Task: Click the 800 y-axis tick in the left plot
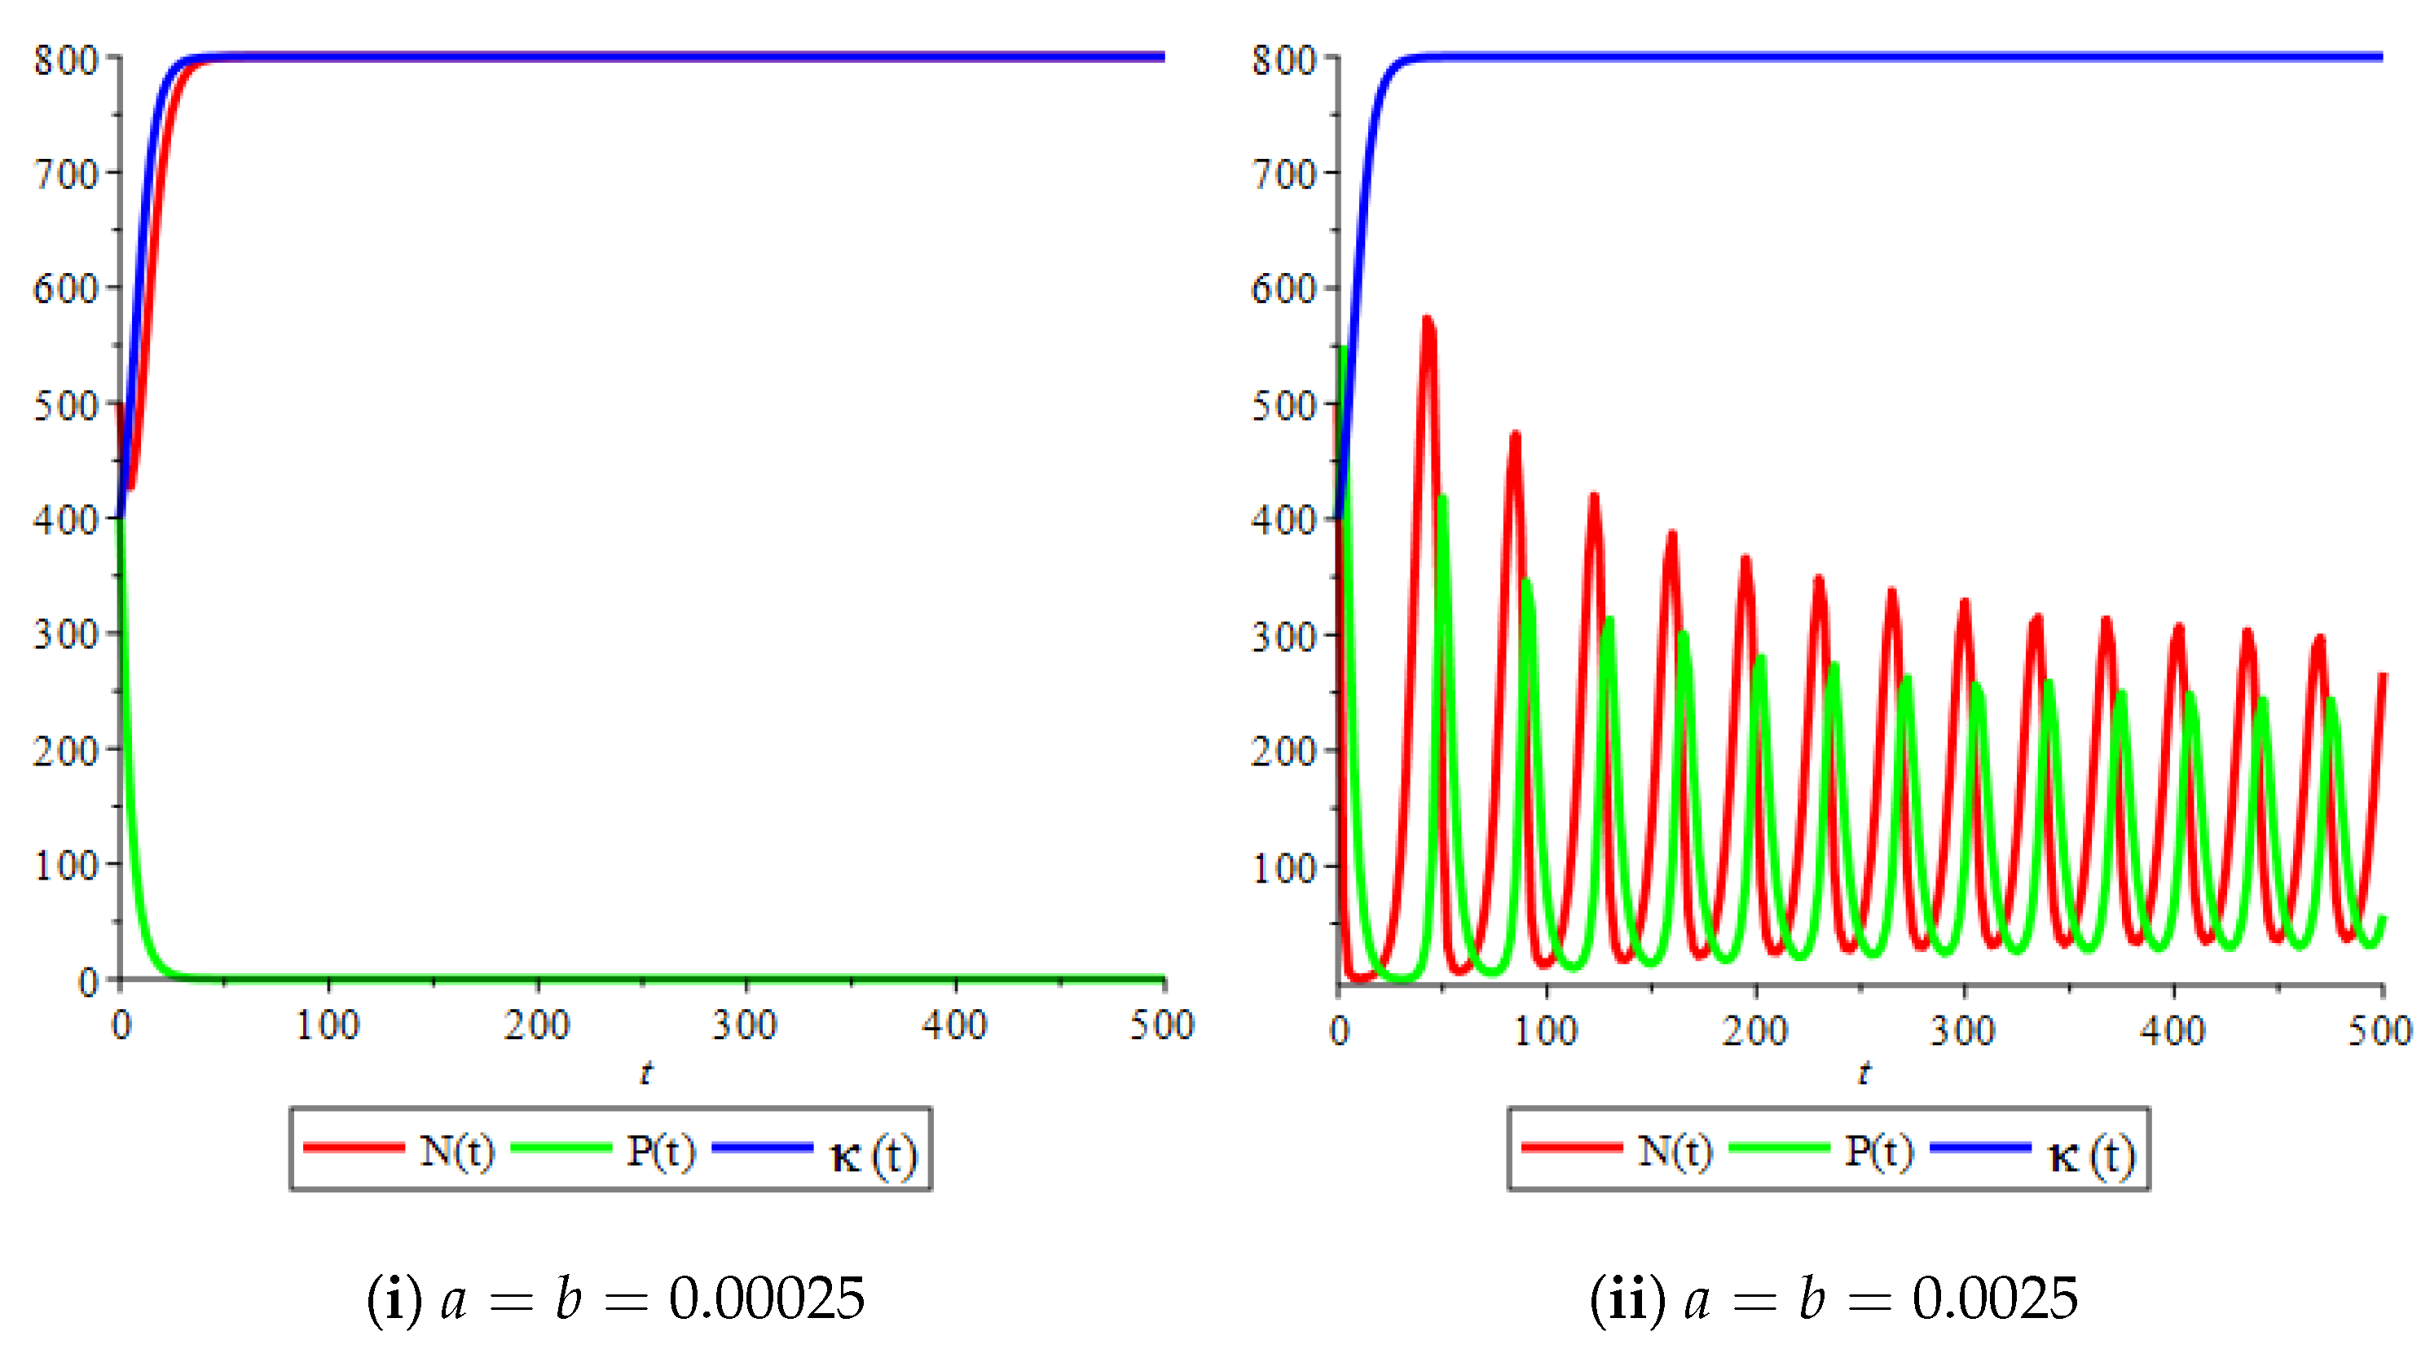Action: (x=66, y=60)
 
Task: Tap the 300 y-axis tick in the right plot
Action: (x=1283, y=635)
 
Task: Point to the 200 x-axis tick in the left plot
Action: (x=537, y=1025)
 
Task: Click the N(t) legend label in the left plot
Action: (x=457, y=1151)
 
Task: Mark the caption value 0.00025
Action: (x=766, y=1298)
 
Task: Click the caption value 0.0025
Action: (x=1995, y=1298)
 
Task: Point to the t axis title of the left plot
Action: (x=645, y=1073)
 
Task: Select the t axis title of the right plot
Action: (x=1864, y=1073)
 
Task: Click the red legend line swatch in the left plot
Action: (x=354, y=1147)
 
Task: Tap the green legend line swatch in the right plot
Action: (x=1779, y=1147)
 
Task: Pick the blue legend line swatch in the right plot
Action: (x=1980, y=1147)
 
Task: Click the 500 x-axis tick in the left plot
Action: (x=1162, y=1025)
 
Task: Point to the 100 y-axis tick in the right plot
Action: (x=1283, y=867)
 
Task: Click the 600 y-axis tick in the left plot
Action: (x=66, y=288)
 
